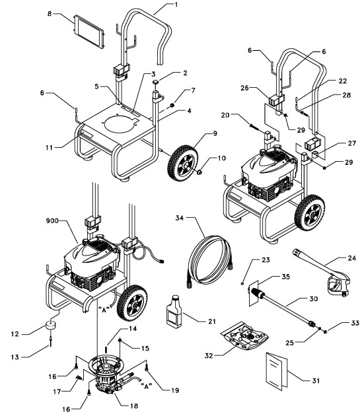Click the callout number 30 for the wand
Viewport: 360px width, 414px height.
306,299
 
